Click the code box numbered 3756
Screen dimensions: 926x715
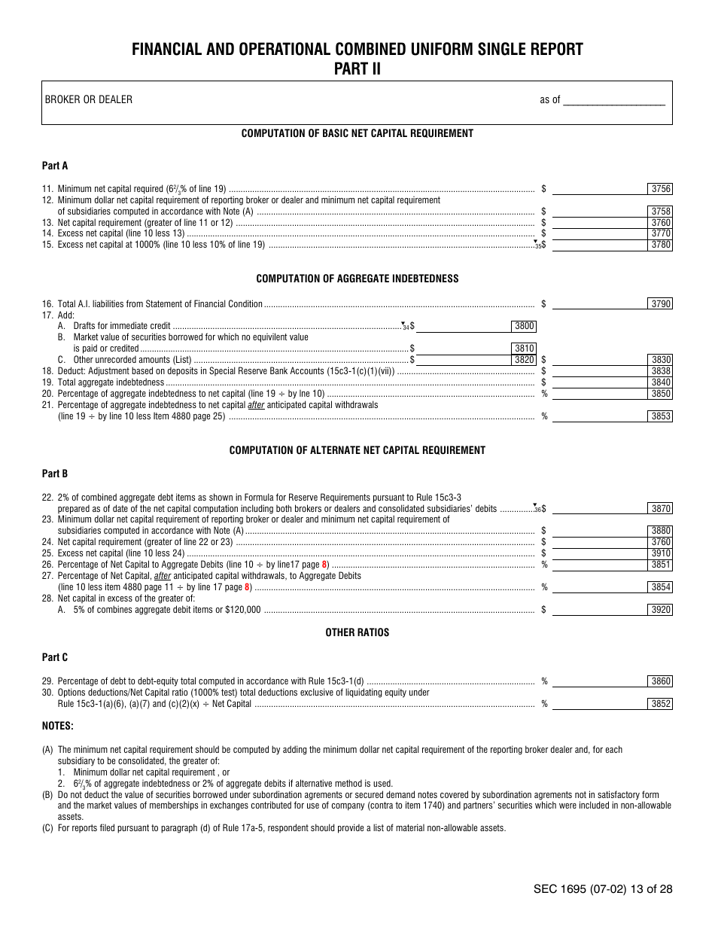(x=660, y=189)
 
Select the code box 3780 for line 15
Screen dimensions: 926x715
(x=660, y=245)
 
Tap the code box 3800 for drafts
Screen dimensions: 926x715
(x=524, y=326)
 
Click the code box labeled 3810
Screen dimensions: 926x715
(x=524, y=349)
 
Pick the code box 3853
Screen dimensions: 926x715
(x=660, y=416)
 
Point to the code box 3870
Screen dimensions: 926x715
(x=660, y=509)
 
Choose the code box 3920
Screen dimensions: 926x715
(x=660, y=610)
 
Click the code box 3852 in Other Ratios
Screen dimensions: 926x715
(x=660, y=705)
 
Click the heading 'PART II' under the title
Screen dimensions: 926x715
(x=357, y=69)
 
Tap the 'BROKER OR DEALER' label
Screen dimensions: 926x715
(x=88, y=99)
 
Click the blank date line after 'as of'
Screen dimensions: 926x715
(x=614, y=100)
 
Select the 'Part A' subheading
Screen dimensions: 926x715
(x=55, y=166)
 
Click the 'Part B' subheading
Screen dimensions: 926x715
(x=55, y=474)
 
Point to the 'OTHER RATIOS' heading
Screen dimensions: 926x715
(x=357, y=632)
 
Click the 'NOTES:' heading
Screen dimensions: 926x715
(x=58, y=726)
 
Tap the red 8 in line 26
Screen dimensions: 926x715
(x=324, y=565)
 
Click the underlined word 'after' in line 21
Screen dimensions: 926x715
(x=256, y=405)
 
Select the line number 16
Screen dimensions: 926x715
(x=47, y=304)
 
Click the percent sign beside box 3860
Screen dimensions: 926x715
(x=544, y=682)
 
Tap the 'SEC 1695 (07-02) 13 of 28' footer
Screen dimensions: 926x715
(x=602, y=889)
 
